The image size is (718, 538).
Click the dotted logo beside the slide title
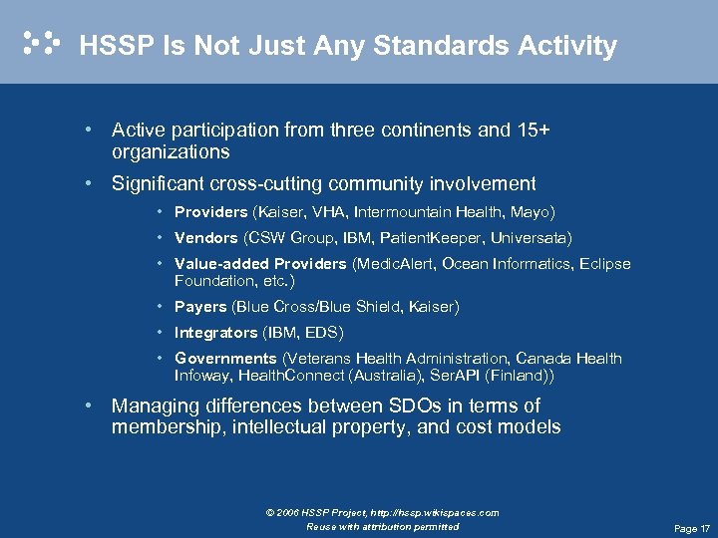point(41,43)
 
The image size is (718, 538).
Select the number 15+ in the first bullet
point(534,131)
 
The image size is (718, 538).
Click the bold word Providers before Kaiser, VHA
point(210,212)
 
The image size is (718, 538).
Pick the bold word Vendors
point(206,238)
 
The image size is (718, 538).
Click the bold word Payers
point(200,308)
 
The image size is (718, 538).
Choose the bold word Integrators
point(215,333)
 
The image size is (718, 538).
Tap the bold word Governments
point(225,359)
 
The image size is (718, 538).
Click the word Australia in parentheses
point(372,378)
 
